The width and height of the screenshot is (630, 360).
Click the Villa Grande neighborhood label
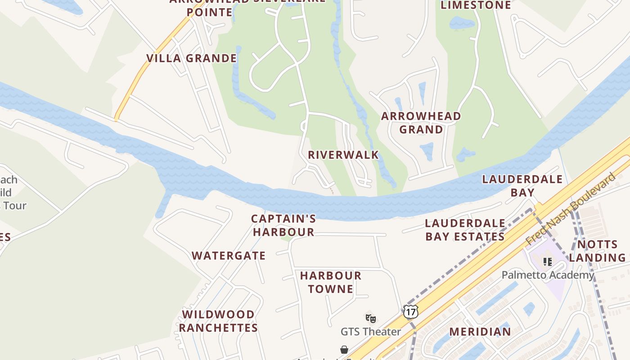click(x=192, y=58)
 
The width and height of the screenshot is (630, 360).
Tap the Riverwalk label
click(x=343, y=155)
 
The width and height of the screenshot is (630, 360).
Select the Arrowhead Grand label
click(x=421, y=123)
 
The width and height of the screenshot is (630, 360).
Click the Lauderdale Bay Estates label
click(x=465, y=230)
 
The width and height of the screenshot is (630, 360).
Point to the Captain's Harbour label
click(x=283, y=225)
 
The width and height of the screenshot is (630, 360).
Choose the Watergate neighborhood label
click(x=229, y=256)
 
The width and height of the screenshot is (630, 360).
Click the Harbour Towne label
click(x=331, y=282)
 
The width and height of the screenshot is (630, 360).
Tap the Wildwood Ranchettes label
click(x=218, y=321)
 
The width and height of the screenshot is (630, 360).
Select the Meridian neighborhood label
click(x=480, y=332)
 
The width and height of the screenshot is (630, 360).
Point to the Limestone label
click(x=476, y=5)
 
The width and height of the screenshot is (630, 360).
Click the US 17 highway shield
click(x=410, y=311)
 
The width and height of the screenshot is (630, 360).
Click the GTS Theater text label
click(x=370, y=332)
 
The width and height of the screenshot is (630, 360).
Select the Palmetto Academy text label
click(x=548, y=275)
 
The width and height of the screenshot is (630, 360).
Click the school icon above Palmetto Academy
click(x=547, y=261)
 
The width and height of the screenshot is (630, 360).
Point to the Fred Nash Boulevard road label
click(x=571, y=209)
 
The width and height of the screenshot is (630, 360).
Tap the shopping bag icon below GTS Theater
click(x=344, y=350)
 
